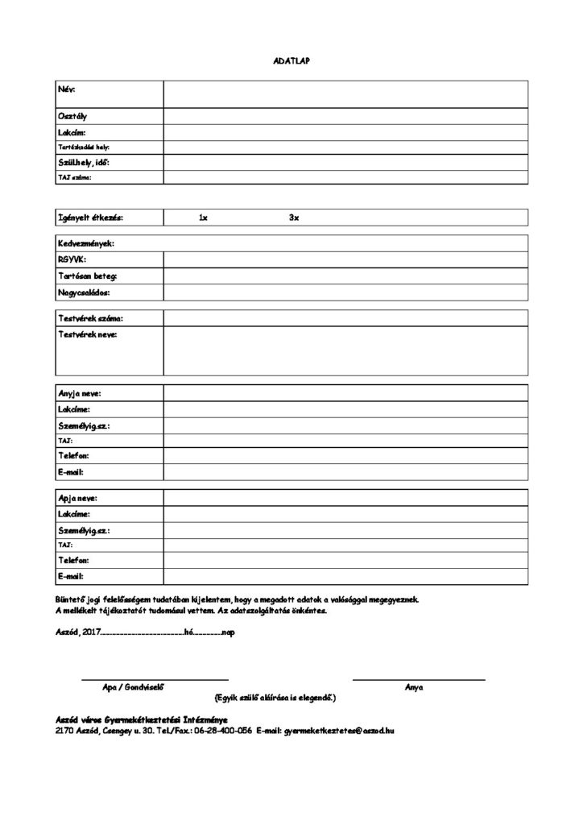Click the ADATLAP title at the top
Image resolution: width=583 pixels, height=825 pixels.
coord(291,60)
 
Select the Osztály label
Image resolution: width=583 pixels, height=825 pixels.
coord(72,116)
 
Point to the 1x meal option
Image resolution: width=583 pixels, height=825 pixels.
coord(204,218)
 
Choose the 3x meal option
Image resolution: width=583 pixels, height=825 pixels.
coord(294,218)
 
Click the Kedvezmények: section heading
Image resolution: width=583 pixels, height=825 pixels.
coord(86,243)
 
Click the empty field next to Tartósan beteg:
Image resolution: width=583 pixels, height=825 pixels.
coord(345,276)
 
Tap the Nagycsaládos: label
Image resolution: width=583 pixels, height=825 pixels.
coord(84,292)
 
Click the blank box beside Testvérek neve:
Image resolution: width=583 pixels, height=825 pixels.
coord(345,350)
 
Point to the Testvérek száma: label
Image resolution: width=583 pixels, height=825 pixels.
coord(90,318)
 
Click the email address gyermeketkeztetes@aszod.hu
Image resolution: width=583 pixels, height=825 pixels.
coord(339,730)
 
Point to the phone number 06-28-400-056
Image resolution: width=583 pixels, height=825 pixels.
coord(223,730)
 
